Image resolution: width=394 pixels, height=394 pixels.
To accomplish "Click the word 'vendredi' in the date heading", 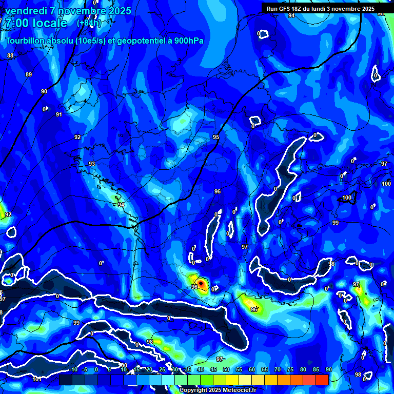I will [x=26, y=11].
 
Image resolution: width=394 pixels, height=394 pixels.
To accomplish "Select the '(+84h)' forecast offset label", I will [x=89, y=23].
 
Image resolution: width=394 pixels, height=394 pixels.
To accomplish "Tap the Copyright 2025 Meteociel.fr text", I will [x=218, y=390].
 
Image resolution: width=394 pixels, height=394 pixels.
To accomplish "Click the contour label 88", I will [x=10, y=55].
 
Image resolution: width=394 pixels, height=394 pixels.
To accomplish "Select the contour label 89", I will [x=29, y=74].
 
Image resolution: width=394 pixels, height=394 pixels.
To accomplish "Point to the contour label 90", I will [x=44, y=91].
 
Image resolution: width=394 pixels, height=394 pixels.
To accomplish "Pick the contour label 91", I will [x=59, y=114].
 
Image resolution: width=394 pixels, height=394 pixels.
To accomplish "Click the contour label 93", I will [x=92, y=164].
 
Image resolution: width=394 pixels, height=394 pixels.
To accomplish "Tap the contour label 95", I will [x=216, y=137].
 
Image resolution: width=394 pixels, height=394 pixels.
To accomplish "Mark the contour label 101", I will [x=36, y=380].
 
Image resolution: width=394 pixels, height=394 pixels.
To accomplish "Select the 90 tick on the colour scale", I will [x=328, y=369].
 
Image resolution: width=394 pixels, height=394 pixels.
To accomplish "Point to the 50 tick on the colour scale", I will [x=226, y=369].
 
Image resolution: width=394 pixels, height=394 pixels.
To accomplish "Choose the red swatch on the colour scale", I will [x=322, y=380].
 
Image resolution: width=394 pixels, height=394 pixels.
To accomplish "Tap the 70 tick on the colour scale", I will [x=278, y=369].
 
